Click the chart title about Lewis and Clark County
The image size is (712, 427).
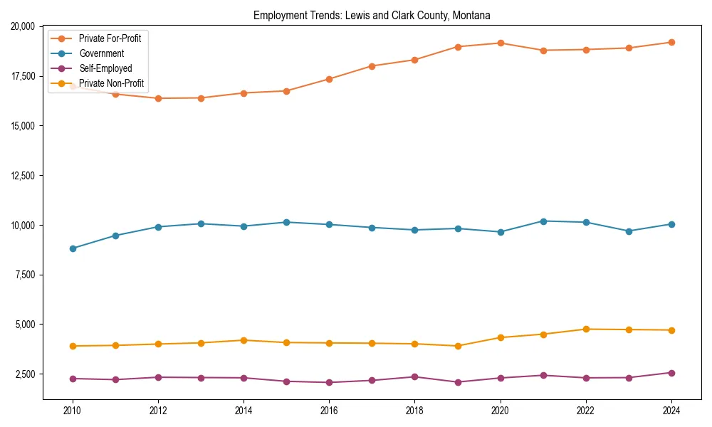click(372, 15)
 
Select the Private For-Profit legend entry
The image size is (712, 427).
click(110, 38)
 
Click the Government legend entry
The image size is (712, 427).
click(101, 53)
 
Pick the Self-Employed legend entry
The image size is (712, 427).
click(105, 68)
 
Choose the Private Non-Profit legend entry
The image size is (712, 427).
click(111, 83)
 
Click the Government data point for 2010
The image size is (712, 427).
click(73, 248)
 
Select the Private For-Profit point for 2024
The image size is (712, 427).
click(671, 43)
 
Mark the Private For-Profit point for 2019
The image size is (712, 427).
click(458, 47)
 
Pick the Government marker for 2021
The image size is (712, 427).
click(543, 221)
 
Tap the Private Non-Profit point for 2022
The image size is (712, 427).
click(586, 330)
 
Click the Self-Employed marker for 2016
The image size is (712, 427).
click(329, 383)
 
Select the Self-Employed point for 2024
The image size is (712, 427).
click(671, 373)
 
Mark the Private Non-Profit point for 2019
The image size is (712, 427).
click(458, 346)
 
